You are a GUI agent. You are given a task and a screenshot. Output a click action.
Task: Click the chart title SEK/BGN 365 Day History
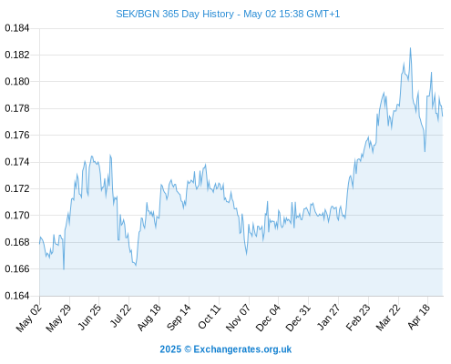(175, 14)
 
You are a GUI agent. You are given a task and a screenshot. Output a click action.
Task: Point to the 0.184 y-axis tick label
(17, 28)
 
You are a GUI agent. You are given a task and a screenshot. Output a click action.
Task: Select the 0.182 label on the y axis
(17, 55)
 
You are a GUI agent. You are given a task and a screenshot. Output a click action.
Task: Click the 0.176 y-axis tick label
(17, 135)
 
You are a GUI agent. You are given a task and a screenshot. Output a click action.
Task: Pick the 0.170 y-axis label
(17, 216)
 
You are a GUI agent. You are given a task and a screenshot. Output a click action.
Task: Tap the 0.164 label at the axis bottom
(17, 296)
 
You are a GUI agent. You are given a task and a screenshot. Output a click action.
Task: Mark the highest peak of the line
(410, 48)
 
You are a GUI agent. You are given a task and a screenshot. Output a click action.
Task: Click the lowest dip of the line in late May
(64, 269)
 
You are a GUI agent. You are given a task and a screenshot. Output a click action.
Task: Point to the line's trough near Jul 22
(136, 266)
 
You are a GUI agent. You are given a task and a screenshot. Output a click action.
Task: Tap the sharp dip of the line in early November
(246, 254)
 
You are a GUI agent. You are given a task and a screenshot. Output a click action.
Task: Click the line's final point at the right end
(443, 116)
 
